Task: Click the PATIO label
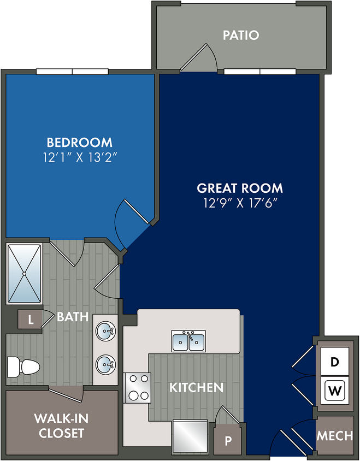pos(241,35)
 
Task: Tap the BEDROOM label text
pos(79,143)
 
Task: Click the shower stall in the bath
pos(24,274)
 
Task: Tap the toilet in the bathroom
pos(23,367)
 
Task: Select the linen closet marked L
pos(30,320)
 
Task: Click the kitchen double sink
pos(188,341)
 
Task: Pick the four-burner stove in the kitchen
pos(137,387)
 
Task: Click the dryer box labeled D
pos(335,362)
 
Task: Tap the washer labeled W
pos(335,391)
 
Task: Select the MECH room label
pos(335,435)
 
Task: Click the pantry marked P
pos(228,441)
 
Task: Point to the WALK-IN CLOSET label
pos(62,425)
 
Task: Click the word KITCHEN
pos(197,388)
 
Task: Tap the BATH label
pos(73,317)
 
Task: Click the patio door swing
pos(199,58)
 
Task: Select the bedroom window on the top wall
pos(72,72)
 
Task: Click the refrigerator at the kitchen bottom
pos(190,436)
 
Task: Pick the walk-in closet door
pos(66,394)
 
